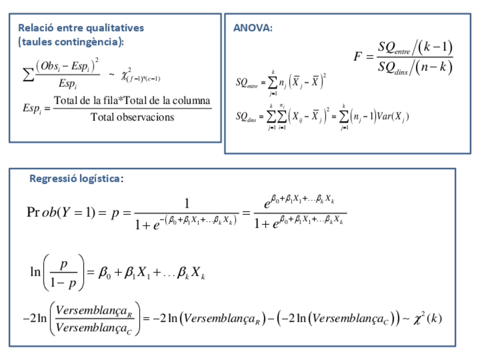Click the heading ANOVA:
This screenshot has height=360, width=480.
252,28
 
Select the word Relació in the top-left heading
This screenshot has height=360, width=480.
35,28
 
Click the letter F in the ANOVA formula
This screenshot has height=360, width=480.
358,57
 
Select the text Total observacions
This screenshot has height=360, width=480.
132,117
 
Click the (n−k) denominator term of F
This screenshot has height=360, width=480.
434,68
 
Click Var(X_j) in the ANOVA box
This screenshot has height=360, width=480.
392,117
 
